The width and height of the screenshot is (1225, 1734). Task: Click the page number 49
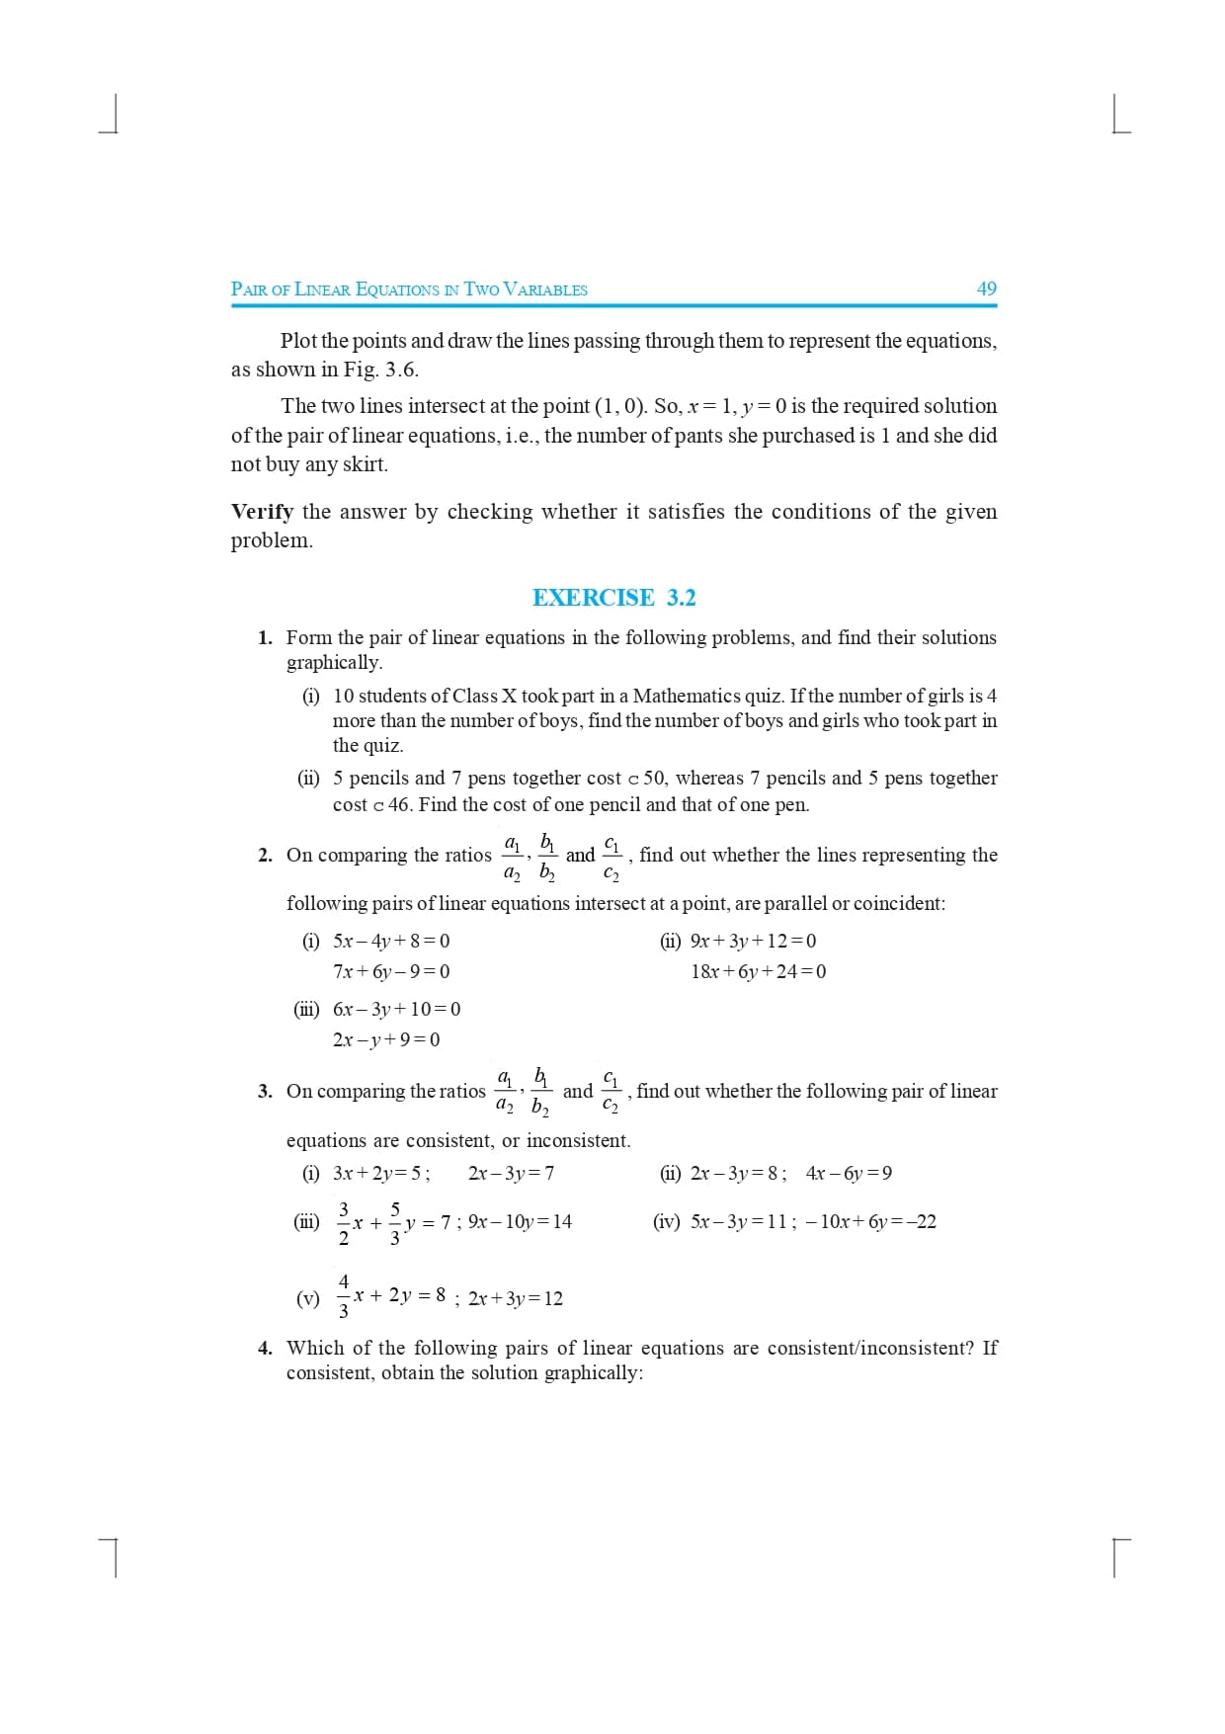point(986,289)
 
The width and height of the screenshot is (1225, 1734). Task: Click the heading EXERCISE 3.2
point(613,598)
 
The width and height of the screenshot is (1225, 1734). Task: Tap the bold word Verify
point(262,512)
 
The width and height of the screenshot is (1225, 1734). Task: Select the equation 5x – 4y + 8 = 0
point(391,941)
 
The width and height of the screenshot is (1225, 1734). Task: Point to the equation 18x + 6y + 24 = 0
point(759,971)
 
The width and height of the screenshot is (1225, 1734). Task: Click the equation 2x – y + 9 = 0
point(386,1039)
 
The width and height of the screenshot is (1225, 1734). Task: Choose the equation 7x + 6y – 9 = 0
point(391,971)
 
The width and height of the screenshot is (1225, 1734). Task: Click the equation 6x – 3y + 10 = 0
point(396,1009)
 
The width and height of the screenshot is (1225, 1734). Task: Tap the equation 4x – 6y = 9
point(849,1174)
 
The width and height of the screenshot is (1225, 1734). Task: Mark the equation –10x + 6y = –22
point(870,1222)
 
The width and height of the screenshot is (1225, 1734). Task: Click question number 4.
point(265,1348)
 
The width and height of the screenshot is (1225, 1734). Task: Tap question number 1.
point(265,638)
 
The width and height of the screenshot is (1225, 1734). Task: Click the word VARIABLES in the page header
point(545,289)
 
